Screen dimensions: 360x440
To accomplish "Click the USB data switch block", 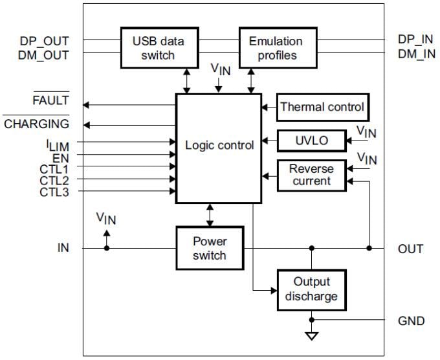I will (x=158, y=48).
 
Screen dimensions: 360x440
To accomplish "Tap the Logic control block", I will (x=219, y=146).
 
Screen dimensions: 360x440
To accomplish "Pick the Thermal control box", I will (x=322, y=107).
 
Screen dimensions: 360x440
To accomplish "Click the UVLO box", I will (x=311, y=140).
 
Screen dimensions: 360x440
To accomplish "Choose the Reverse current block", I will (x=311, y=175).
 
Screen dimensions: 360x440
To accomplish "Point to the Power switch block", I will (x=210, y=248).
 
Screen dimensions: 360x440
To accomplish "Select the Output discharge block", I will (x=311, y=289).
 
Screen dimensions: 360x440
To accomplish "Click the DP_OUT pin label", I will (x=44, y=41).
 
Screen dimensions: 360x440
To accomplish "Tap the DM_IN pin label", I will (x=417, y=54).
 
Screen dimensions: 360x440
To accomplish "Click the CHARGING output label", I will (x=37, y=124).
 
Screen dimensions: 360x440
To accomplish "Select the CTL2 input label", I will (x=54, y=179).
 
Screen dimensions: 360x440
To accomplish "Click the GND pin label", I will (x=412, y=321).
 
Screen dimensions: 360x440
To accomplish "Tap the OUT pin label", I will (x=410, y=249).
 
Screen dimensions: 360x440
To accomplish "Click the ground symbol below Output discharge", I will (x=311, y=337).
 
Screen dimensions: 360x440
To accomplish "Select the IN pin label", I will (x=63, y=247).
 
